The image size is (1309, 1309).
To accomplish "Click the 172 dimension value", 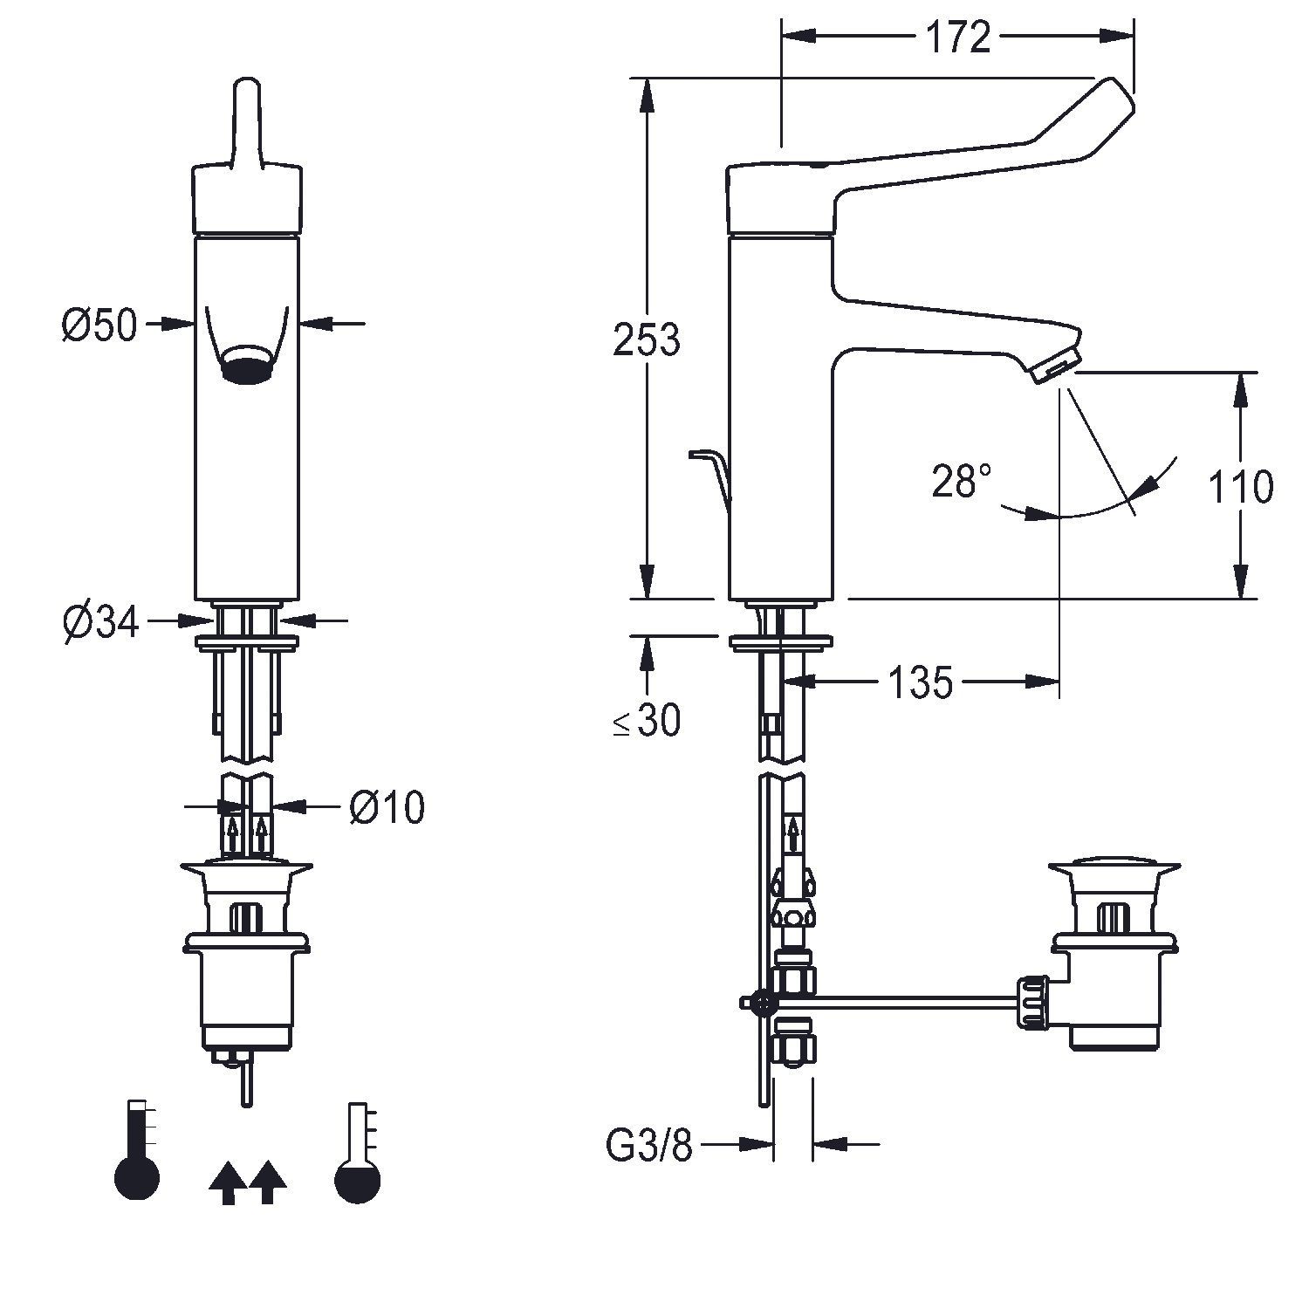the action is pos(957,38).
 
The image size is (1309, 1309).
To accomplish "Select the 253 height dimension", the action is pos(646,339).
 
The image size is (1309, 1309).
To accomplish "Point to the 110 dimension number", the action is pos(1240,485).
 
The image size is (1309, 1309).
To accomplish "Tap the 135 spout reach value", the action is pos(922,682).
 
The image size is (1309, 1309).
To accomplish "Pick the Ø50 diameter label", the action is pos(99,326).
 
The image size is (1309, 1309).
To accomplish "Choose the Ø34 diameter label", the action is pos(100,622).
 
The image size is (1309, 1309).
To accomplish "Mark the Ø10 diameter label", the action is pos(387,807).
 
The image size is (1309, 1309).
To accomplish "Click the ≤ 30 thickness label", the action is pos(647,722).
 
